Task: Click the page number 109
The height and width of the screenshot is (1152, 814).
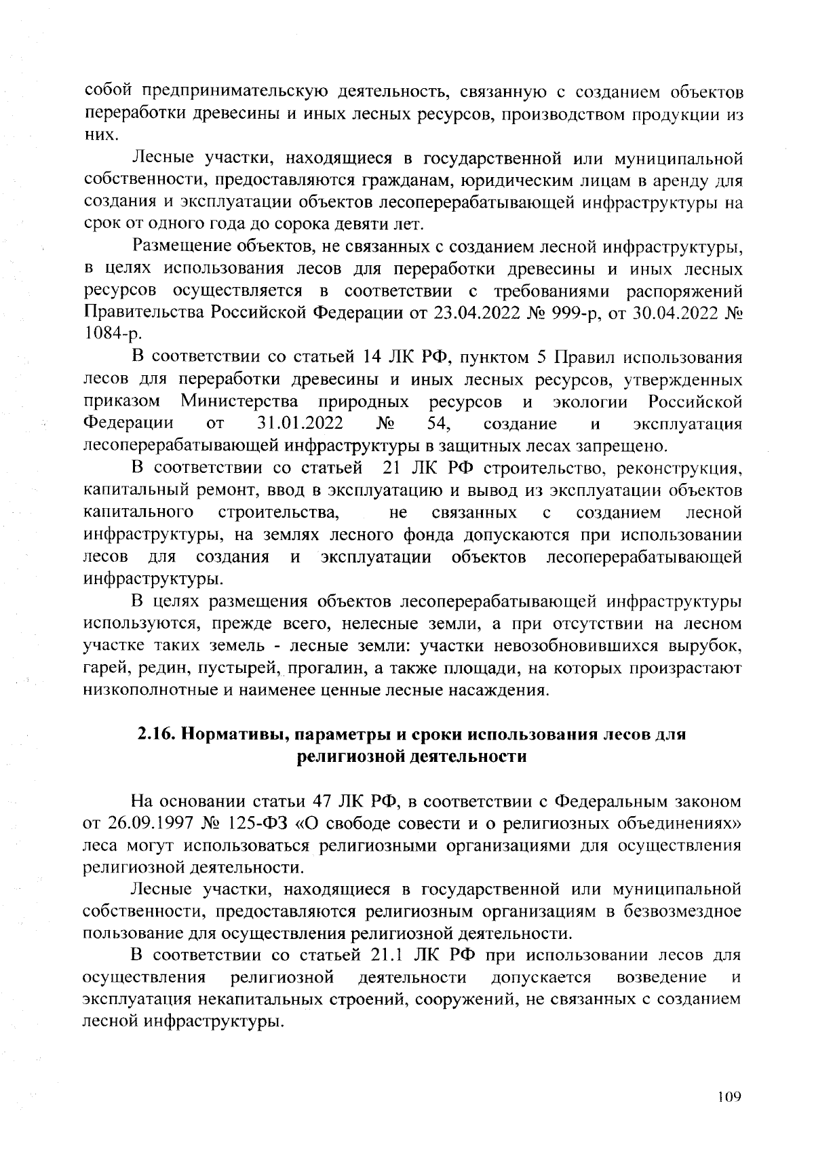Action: click(729, 1096)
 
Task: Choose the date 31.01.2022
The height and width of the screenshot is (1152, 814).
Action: click(301, 424)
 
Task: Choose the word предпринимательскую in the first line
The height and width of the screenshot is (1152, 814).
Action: click(233, 92)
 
